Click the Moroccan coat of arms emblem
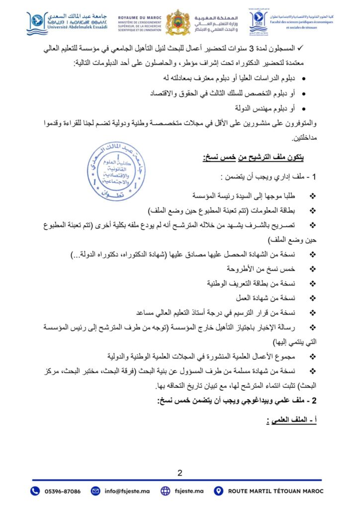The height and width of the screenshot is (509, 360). tap(178, 22)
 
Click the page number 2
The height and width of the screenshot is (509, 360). tap(180, 473)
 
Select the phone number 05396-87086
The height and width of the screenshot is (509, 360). tap(62, 491)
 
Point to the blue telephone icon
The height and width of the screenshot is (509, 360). tap(35, 491)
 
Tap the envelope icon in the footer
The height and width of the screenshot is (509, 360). tap(95, 491)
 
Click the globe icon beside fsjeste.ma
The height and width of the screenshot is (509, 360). tap(165, 491)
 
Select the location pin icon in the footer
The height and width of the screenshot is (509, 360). tap(218, 491)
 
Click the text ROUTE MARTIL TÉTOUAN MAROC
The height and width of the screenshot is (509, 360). tap(275, 491)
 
